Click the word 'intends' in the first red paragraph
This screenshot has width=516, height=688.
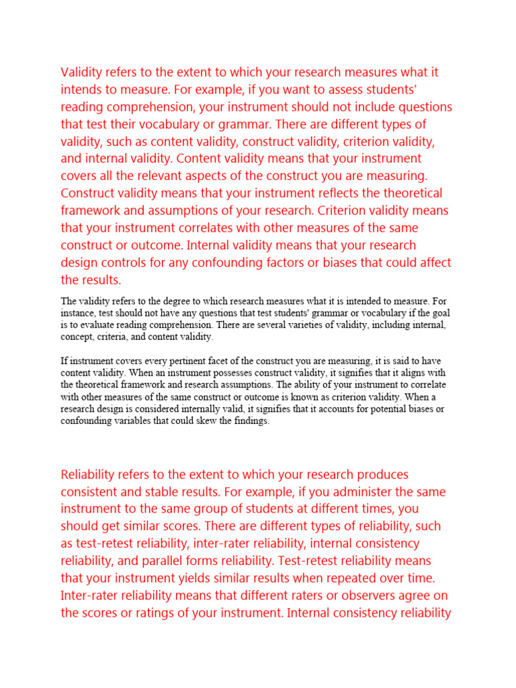click(x=80, y=90)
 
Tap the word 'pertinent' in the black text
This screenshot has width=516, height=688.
click(x=175, y=361)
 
